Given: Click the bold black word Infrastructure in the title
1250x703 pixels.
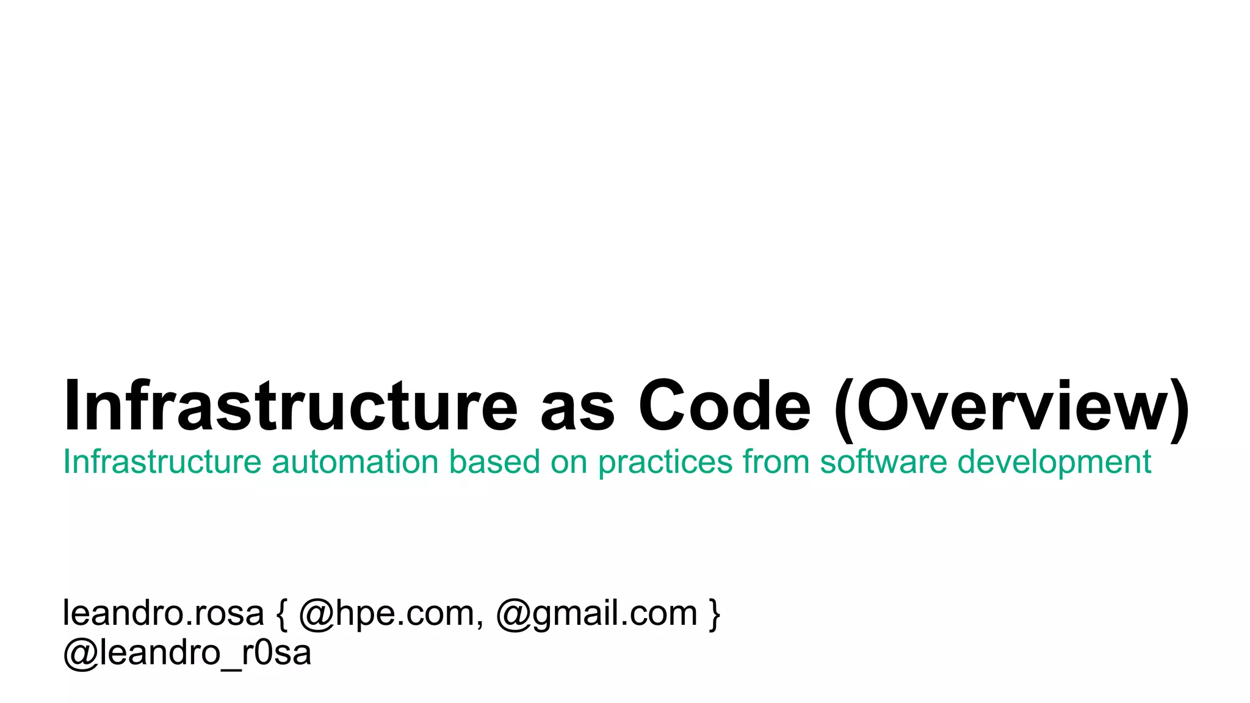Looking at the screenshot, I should (291, 406).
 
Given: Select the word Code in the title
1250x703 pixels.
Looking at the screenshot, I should (724, 406).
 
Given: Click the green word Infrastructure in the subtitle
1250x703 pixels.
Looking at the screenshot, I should (162, 461).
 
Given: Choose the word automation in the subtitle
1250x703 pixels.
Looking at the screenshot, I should (355, 461).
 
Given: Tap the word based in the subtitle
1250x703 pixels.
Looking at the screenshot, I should (494, 461).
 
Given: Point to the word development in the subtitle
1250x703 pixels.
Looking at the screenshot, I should (1054, 463).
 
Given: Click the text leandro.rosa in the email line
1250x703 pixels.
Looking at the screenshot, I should (163, 613).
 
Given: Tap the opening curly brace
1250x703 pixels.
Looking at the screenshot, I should (281, 614).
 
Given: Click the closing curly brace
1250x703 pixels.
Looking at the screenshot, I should (714, 614).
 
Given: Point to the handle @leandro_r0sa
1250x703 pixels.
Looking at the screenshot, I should (187, 653).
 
